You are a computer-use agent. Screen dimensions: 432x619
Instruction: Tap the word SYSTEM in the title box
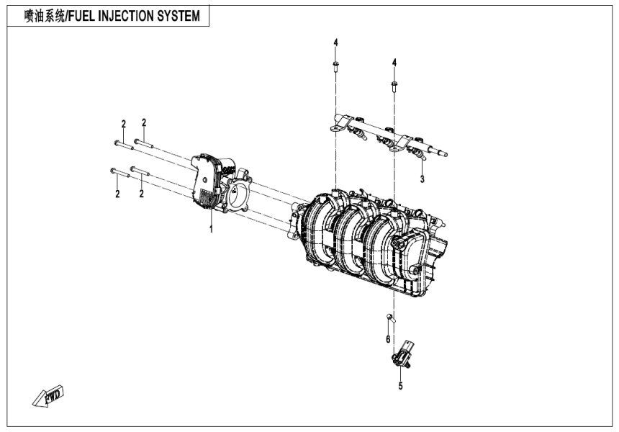[178, 16]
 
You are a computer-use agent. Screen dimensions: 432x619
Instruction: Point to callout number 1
[211, 229]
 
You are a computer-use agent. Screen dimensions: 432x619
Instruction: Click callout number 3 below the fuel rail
[423, 179]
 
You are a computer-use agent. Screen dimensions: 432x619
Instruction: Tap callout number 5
[401, 386]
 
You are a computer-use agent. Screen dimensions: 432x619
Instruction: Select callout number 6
[387, 338]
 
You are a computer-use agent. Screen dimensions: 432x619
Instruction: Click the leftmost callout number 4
[335, 44]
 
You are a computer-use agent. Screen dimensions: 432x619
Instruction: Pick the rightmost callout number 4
[394, 63]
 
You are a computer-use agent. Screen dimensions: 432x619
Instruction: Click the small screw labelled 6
[389, 317]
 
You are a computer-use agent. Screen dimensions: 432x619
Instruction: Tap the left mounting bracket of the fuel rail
[336, 128]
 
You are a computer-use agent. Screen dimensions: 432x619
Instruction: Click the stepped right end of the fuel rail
[438, 151]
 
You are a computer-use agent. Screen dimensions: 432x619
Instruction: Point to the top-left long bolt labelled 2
[122, 144]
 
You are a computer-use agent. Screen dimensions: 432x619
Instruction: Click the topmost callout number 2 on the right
[144, 122]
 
